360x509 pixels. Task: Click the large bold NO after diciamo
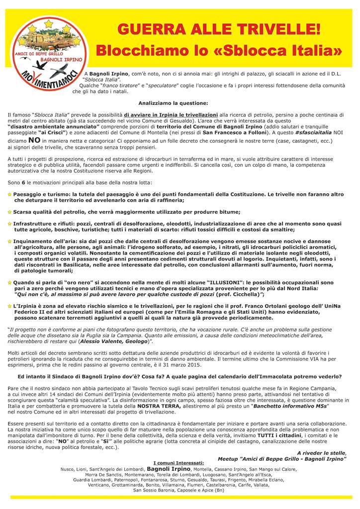(34, 141)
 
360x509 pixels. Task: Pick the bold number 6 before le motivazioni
(23, 182)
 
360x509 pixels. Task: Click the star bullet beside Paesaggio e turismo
(9, 194)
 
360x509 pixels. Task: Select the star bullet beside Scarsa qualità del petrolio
(9, 212)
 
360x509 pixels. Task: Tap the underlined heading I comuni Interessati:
(179, 463)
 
